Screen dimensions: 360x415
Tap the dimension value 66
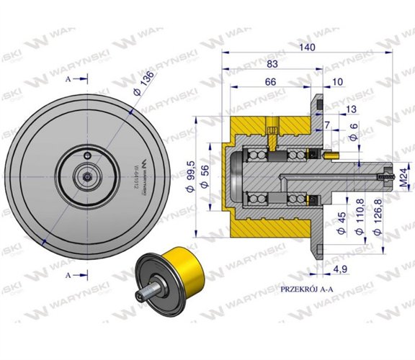[271, 83]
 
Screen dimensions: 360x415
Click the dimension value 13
[350, 109]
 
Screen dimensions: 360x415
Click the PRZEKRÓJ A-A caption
[308, 289]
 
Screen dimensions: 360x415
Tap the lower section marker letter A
[68, 274]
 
